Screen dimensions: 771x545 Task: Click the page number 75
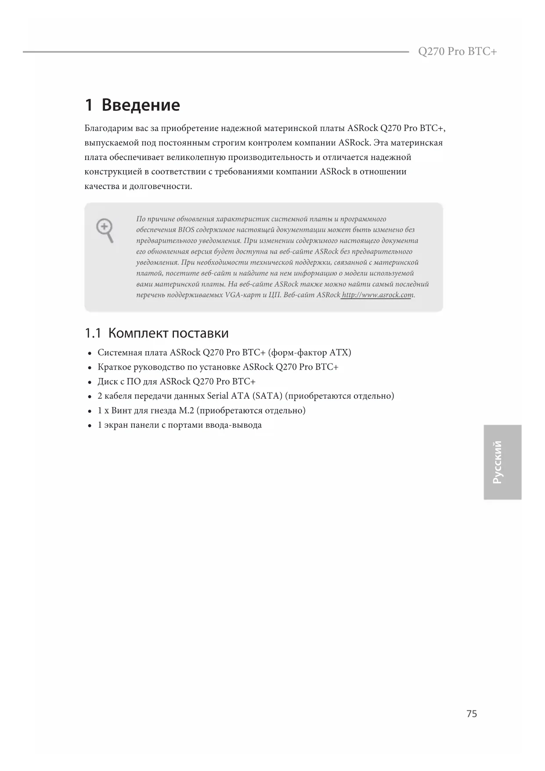point(471,714)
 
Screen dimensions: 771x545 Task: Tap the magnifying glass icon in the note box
point(105,230)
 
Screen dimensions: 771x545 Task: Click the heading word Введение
point(141,105)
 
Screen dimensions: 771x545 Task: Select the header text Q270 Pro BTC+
point(457,51)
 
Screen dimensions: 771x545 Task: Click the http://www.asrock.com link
point(377,295)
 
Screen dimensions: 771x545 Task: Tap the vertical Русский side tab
point(502,462)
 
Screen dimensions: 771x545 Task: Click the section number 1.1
point(93,333)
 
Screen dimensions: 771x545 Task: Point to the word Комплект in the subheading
point(138,333)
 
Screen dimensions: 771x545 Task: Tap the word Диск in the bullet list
point(105,382)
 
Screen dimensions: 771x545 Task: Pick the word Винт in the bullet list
point(121,411)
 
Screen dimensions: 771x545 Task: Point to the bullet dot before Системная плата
point(90,353)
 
